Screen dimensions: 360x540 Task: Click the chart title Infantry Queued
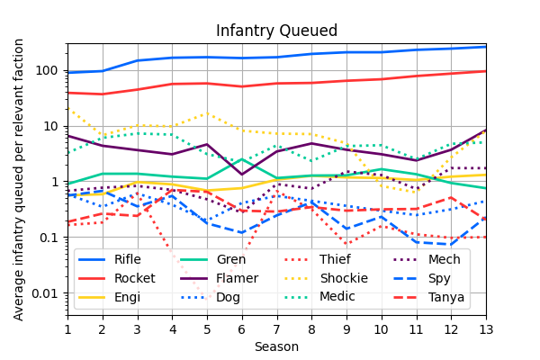coord(276,31)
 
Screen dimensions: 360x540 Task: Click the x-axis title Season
coord(276,346)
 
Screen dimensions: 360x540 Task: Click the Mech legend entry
coord(444,260)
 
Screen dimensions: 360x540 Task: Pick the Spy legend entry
coord(439,278)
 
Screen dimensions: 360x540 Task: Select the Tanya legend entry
coord(445,297)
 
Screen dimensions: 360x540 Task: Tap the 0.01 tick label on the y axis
coord(45,293)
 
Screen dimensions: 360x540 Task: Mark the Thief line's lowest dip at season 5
coord(207,300)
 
